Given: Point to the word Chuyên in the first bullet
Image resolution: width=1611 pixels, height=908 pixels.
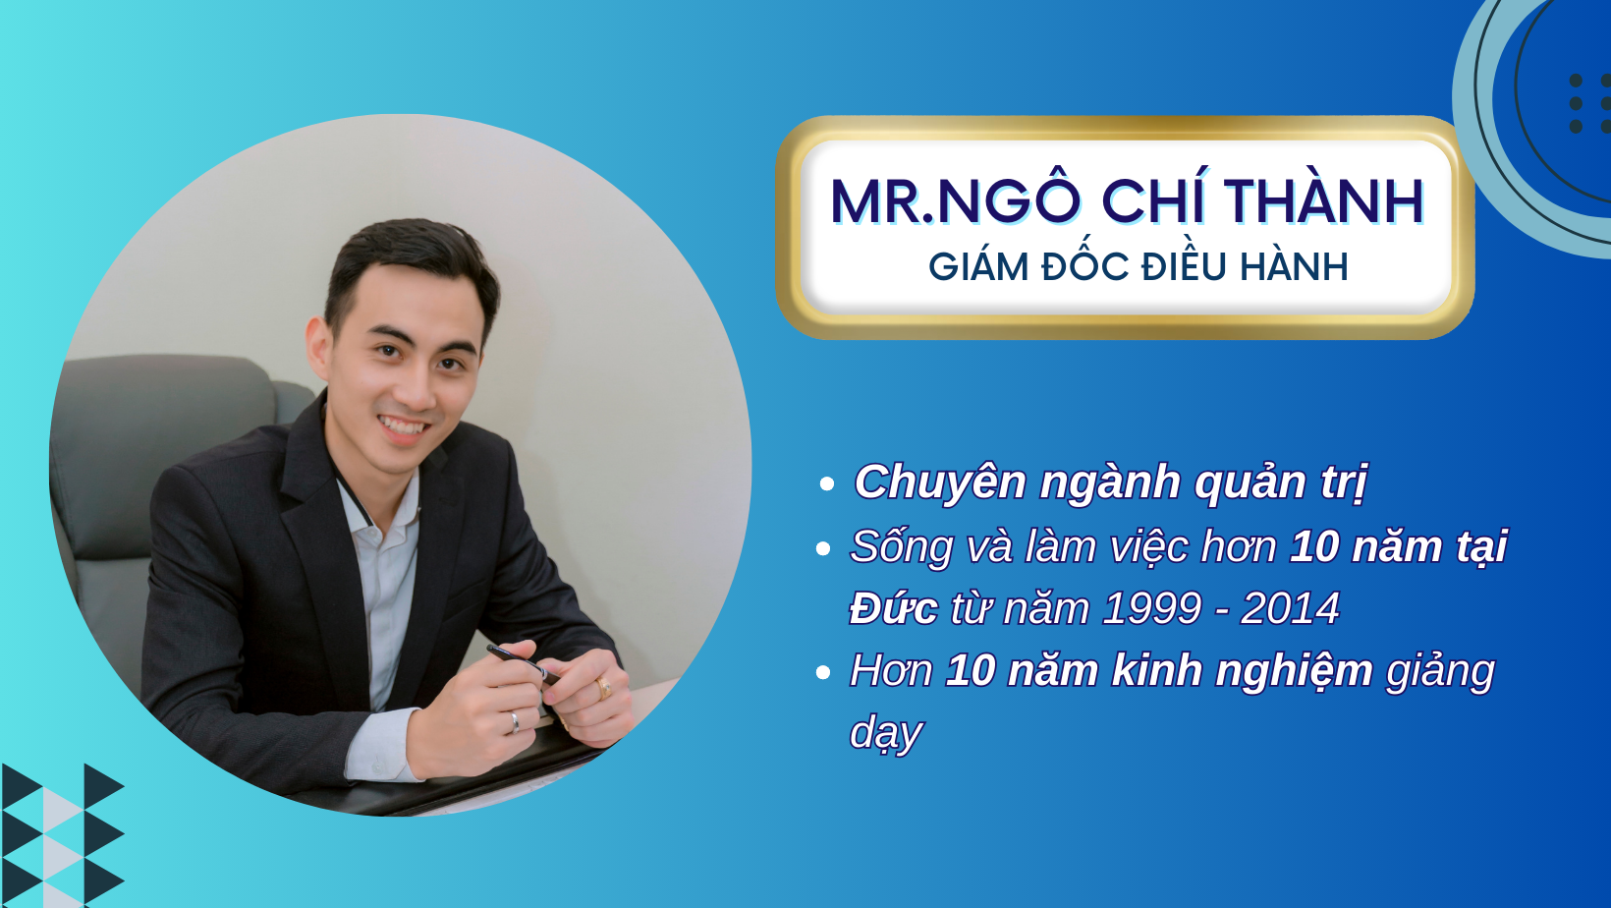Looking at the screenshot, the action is (939, 482).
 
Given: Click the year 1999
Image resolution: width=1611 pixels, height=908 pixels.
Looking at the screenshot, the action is (1151, 608).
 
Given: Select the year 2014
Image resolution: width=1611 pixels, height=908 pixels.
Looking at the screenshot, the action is (1290, 608).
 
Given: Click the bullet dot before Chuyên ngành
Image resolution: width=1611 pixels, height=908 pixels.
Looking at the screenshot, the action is (826, 483).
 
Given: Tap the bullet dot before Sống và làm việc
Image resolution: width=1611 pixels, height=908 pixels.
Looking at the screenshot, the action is (824, 548).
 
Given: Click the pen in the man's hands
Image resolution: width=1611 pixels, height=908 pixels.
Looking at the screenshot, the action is (523, 663).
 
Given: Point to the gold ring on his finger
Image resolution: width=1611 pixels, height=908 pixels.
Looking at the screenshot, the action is (603, 688).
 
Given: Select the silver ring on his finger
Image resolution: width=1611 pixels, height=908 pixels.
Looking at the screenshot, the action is (514, 722).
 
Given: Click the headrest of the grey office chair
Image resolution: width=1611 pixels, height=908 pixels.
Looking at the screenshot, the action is (164, 403).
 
